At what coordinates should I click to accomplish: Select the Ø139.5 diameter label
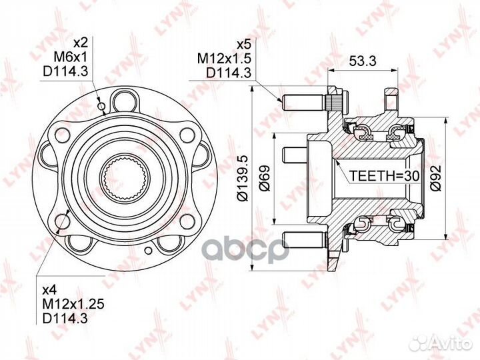(x=244, y=179)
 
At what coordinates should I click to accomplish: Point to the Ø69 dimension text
(x=265, y=178)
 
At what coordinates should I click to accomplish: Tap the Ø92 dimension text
(x=435, y=178)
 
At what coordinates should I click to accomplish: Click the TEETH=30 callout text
(x=384, y=176)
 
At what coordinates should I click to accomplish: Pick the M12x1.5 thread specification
(x=224, y=58)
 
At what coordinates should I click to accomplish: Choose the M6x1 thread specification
(x=71, y=56)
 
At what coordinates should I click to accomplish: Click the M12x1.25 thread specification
(x=73, y=304)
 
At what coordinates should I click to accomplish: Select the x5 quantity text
(x=244, y=45)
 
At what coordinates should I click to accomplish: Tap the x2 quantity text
(x=81, y=43)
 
